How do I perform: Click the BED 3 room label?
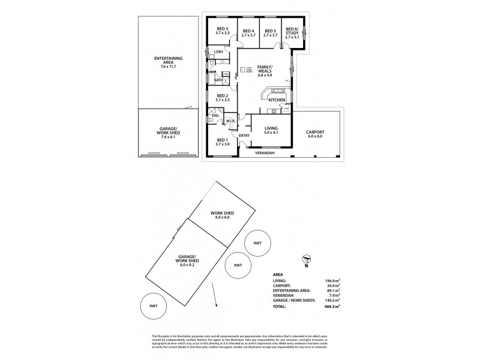click(223, 31)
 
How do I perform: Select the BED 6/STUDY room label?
click(292, 31)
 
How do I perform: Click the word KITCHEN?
click(277, 100)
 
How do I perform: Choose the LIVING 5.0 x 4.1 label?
click(271, 130)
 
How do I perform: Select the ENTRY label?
click(244, 136)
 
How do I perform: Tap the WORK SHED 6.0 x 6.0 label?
click(221, 215)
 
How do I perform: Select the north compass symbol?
click(306, 259)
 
